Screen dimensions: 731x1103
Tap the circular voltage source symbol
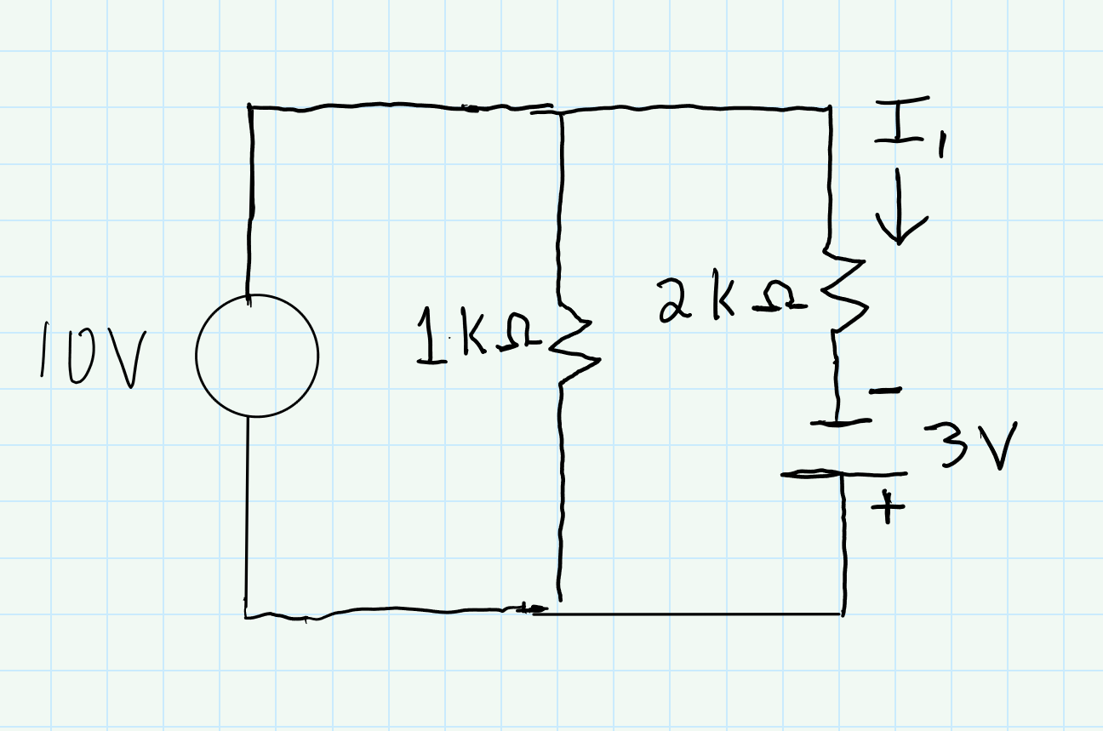[257, 356]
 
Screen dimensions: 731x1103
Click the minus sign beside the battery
[886, 391]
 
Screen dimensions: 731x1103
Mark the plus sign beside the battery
[887, 508]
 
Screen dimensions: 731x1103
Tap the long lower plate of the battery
[843, 474]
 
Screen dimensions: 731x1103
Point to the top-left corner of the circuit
[250, 107]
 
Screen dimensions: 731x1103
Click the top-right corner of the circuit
[830, 109]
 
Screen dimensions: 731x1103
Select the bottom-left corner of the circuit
[247, 614]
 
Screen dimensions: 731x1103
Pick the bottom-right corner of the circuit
[843, 613]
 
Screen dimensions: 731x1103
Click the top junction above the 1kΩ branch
[561, 111]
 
